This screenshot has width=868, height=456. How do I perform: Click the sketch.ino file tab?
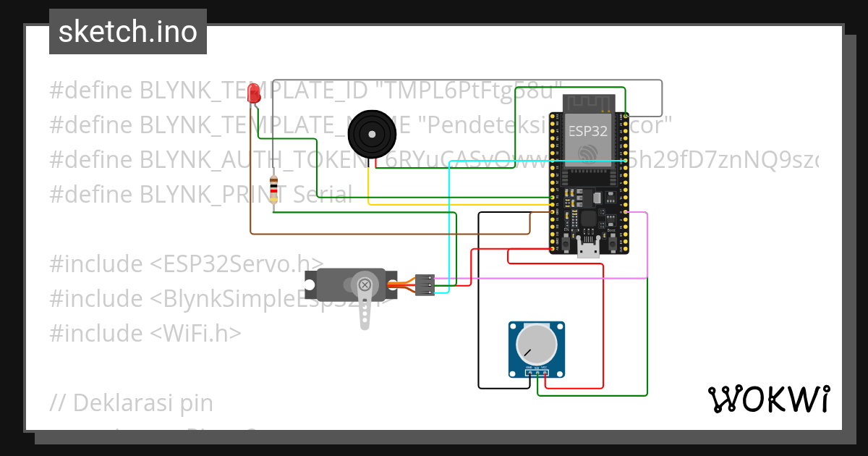(x=127, y=32)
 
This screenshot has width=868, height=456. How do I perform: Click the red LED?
(x=253, y=93)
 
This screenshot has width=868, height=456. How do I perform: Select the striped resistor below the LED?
(x=273, y=190)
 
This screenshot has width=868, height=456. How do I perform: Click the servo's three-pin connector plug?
(x=425, y=284)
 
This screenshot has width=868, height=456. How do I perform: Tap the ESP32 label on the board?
(x=587, y=132)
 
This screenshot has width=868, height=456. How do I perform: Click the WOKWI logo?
(x=768, y=399)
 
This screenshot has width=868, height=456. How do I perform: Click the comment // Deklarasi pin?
(x=132, y=402)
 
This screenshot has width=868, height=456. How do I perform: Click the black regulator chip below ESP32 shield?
(x=587, y=217)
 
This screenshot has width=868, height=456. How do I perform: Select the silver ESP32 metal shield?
(x=587, y=138)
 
